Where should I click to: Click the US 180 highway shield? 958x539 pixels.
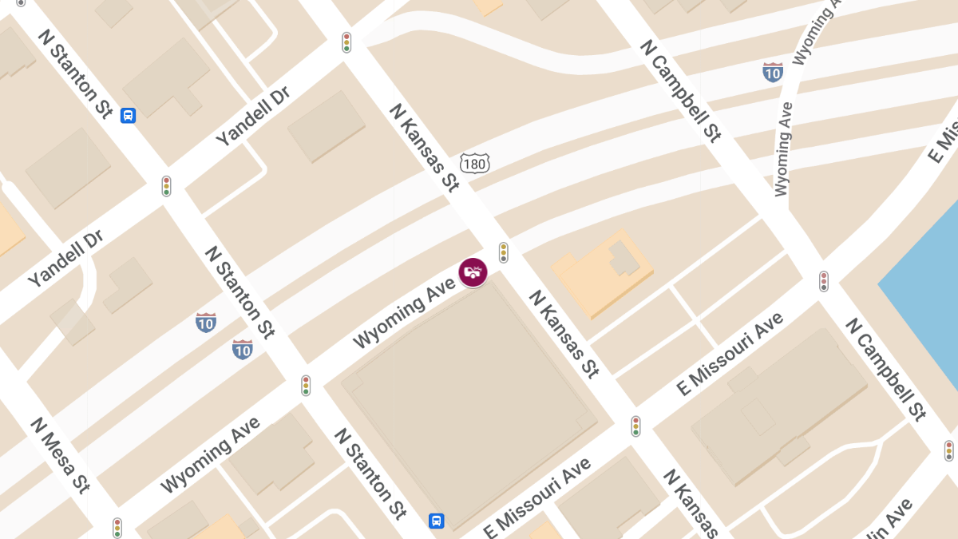474,164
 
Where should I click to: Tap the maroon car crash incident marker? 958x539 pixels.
473,272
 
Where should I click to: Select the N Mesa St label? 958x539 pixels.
60,454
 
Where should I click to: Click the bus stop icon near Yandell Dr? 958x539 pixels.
128,116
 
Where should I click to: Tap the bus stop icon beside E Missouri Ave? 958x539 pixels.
436,521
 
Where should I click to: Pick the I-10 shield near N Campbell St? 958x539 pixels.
772,73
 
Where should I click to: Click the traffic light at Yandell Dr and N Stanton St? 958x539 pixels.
167,186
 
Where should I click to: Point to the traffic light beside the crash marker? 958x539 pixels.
504,252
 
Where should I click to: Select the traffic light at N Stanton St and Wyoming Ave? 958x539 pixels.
306,386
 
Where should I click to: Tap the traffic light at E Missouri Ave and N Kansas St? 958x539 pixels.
635,426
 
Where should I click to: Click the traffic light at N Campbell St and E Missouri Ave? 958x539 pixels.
823,281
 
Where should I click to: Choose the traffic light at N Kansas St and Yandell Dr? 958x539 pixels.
346,42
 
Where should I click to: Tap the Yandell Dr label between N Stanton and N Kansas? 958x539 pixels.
251,117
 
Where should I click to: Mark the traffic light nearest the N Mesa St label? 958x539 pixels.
117,528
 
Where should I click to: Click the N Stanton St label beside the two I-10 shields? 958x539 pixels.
240,291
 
